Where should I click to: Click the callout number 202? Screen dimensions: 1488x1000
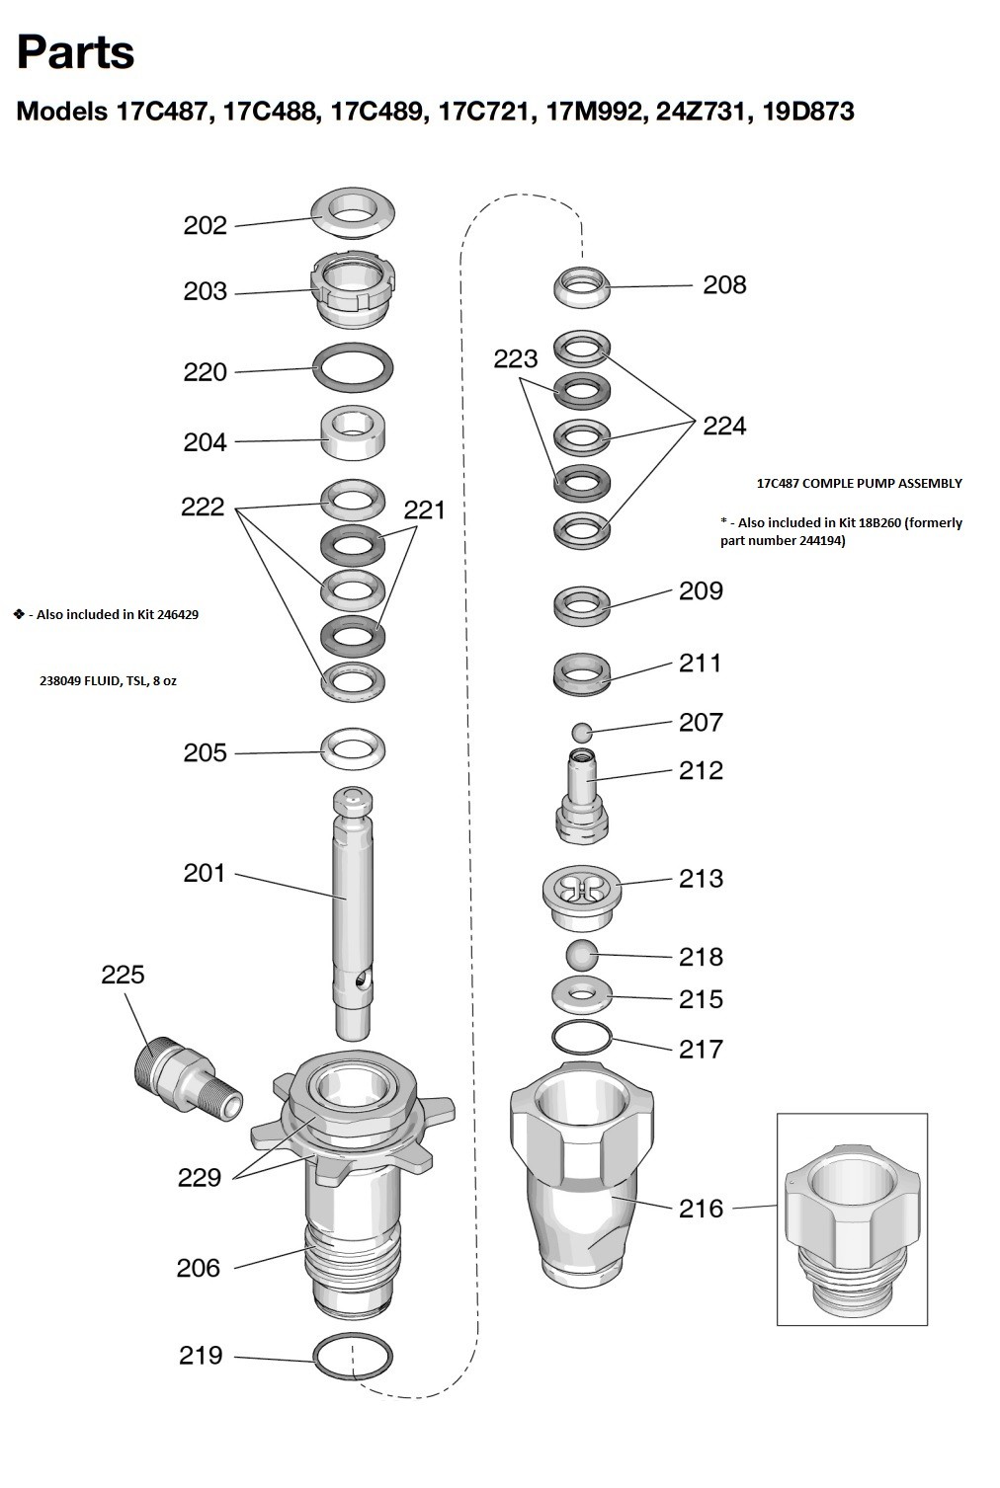[205, 225]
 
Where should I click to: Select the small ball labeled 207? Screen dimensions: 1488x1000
[582, 732]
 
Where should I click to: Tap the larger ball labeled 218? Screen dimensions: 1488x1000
[582, 955]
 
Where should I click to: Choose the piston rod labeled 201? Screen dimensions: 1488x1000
[353, 908]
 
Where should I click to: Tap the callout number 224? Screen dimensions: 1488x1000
[724, 426]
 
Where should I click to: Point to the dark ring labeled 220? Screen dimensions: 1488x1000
[353, 368]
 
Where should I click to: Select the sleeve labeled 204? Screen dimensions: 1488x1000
[353, 433]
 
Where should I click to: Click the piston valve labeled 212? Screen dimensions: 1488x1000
[582, 795]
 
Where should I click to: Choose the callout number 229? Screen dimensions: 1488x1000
[199, 1177]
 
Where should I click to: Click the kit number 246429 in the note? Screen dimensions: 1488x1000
[173, 614]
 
